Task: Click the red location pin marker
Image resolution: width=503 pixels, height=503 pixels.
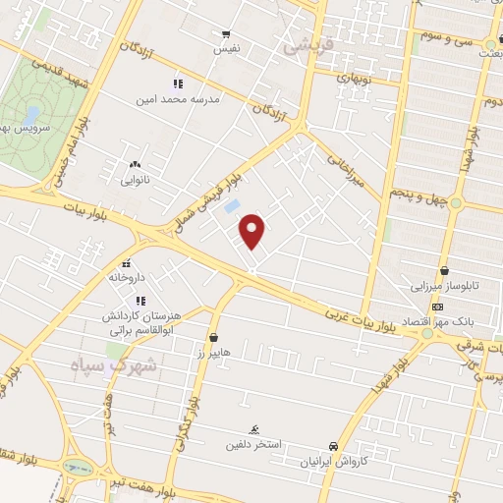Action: point(252,229)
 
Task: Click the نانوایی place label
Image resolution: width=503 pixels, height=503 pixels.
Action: point(135,180)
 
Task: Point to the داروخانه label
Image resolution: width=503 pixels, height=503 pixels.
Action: point(128,279)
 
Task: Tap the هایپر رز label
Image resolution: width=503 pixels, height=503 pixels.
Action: point(211,352)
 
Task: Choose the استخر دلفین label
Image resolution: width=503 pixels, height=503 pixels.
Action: point(281,443)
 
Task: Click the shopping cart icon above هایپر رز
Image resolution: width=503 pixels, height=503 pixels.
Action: point(213,337)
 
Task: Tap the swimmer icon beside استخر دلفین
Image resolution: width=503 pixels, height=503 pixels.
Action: point(254,430)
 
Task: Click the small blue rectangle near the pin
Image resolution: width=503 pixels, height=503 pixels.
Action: point(233,206)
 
